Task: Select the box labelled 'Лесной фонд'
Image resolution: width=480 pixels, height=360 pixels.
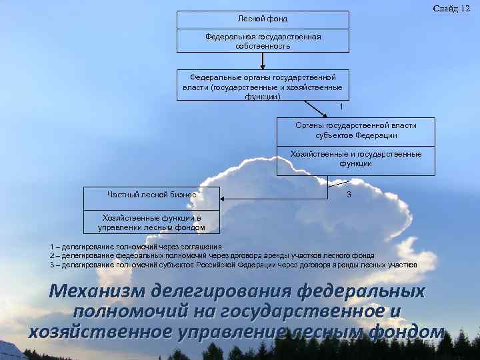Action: [x=263, y=20]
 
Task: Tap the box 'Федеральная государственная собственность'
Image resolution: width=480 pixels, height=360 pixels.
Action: [x=263, y=41]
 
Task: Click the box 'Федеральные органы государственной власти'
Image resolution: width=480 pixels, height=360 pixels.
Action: [x=263, y=86]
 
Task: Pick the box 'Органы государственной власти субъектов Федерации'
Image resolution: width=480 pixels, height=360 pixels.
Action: [x=355, y=130]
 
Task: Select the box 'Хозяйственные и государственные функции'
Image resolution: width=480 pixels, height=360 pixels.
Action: [x=355, y=159]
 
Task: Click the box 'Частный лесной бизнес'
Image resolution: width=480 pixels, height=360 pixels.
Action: [x=151, y=195]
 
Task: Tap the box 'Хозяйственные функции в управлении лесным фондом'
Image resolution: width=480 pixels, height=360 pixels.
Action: [x=151, y=223]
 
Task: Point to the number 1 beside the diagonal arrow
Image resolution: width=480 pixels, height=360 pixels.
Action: [x=341, y=107]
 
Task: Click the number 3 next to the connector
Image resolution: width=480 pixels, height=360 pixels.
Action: [x=349, y=194]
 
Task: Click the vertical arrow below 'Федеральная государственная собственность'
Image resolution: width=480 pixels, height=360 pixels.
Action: [x=263, y=61]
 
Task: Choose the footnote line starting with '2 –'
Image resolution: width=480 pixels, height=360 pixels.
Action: [x=212, y=255]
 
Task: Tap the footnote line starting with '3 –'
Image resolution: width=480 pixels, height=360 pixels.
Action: [x=233, y=265]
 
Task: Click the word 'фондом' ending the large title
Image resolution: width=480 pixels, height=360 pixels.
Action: [x=405, y=331]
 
